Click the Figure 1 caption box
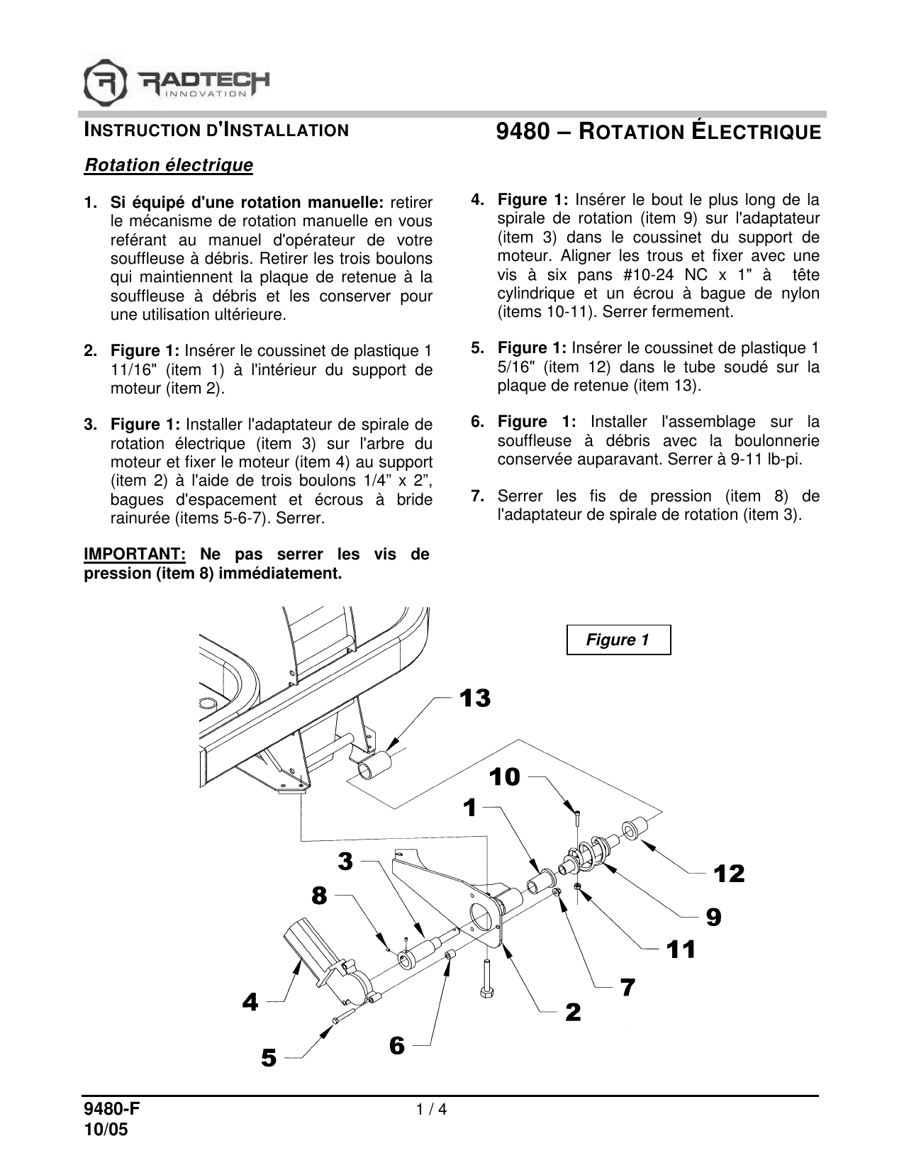point(618,640)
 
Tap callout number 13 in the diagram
point(475,698)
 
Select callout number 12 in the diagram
point(730,874)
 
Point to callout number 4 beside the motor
point(250,1002)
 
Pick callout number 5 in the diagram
point(269,1059)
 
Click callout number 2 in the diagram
point(573,1012)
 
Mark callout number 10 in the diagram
point(505,778)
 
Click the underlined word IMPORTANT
point(135,554)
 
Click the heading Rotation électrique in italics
point(169,165)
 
